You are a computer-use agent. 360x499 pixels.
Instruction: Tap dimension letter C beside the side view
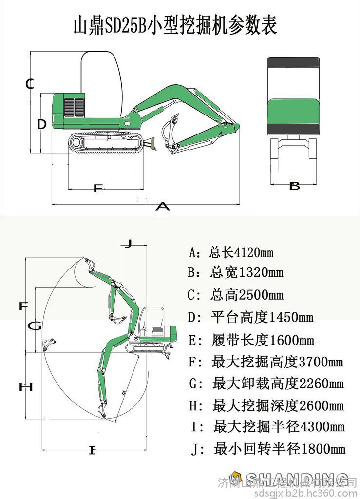click(x=30, y=84)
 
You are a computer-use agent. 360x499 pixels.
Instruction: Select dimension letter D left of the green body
click(x=42, y=124)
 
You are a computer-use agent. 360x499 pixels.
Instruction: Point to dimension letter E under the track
click(x=98, y=188)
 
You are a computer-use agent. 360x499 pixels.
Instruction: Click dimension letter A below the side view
click(x=162, y=207)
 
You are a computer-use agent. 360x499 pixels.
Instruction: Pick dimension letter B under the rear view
click(x=294, y=186)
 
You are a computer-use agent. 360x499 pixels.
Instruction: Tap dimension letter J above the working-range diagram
click(x=128, y=244)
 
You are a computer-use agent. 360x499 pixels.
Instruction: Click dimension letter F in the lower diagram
click(x=23, y=307)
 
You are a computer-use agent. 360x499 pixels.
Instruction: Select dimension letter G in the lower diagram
click(x=34, y=326)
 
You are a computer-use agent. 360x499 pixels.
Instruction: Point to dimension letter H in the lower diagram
click(x=25, y=387)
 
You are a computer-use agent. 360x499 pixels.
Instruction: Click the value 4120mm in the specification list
click(x=254, y=253)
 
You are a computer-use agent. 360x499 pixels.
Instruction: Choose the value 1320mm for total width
click(x=260, y=272)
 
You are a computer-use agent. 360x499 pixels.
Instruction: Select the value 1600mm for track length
click(x=291, y=340)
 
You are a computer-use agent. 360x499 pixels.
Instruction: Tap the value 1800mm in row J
click(x=323, y=448)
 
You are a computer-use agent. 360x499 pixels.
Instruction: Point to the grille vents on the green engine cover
click(x=75, y=107)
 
